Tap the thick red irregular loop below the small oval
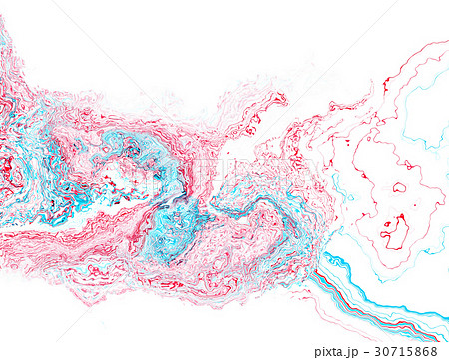395,232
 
